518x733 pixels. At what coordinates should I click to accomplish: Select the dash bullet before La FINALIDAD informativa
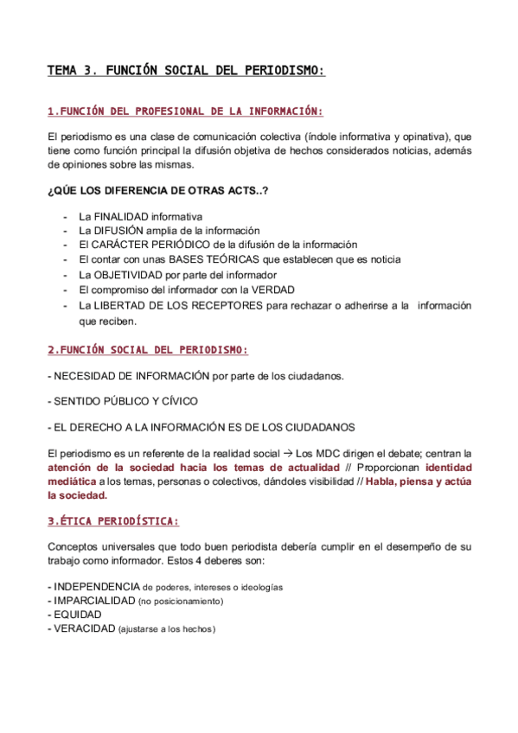[66, 216]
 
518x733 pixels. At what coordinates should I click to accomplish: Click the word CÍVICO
[178, 401]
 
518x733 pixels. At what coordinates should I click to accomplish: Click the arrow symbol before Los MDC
[289, 453]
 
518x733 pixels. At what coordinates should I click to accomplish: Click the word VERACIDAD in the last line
[84, 629]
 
